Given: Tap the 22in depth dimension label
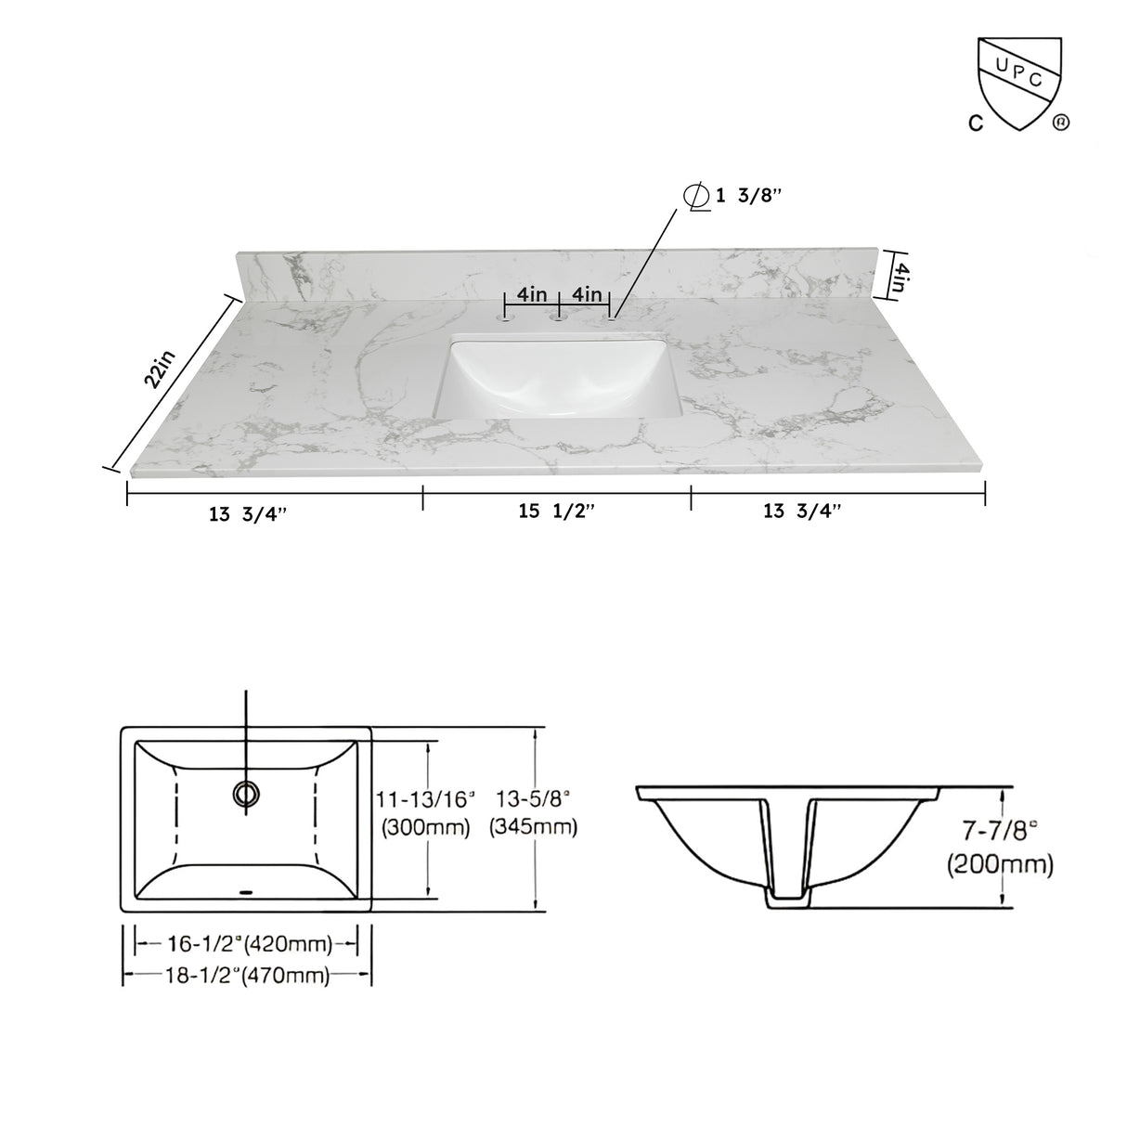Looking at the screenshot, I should point(159,369).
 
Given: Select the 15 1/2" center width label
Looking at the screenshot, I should point(556,512).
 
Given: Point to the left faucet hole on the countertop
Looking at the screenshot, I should point(506,317).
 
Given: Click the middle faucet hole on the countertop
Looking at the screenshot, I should point(559,317).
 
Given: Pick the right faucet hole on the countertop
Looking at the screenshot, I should point(611,317).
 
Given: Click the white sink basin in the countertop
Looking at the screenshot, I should point(557,381).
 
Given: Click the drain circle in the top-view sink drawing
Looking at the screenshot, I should point(246,792).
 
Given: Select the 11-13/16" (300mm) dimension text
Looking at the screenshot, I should point(426,812).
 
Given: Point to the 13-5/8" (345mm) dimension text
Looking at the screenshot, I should point(533,812).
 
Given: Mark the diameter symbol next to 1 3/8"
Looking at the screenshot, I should point(692,197).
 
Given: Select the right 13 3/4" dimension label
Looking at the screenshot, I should point(801,512).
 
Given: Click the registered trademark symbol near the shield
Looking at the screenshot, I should point(1059,122).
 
